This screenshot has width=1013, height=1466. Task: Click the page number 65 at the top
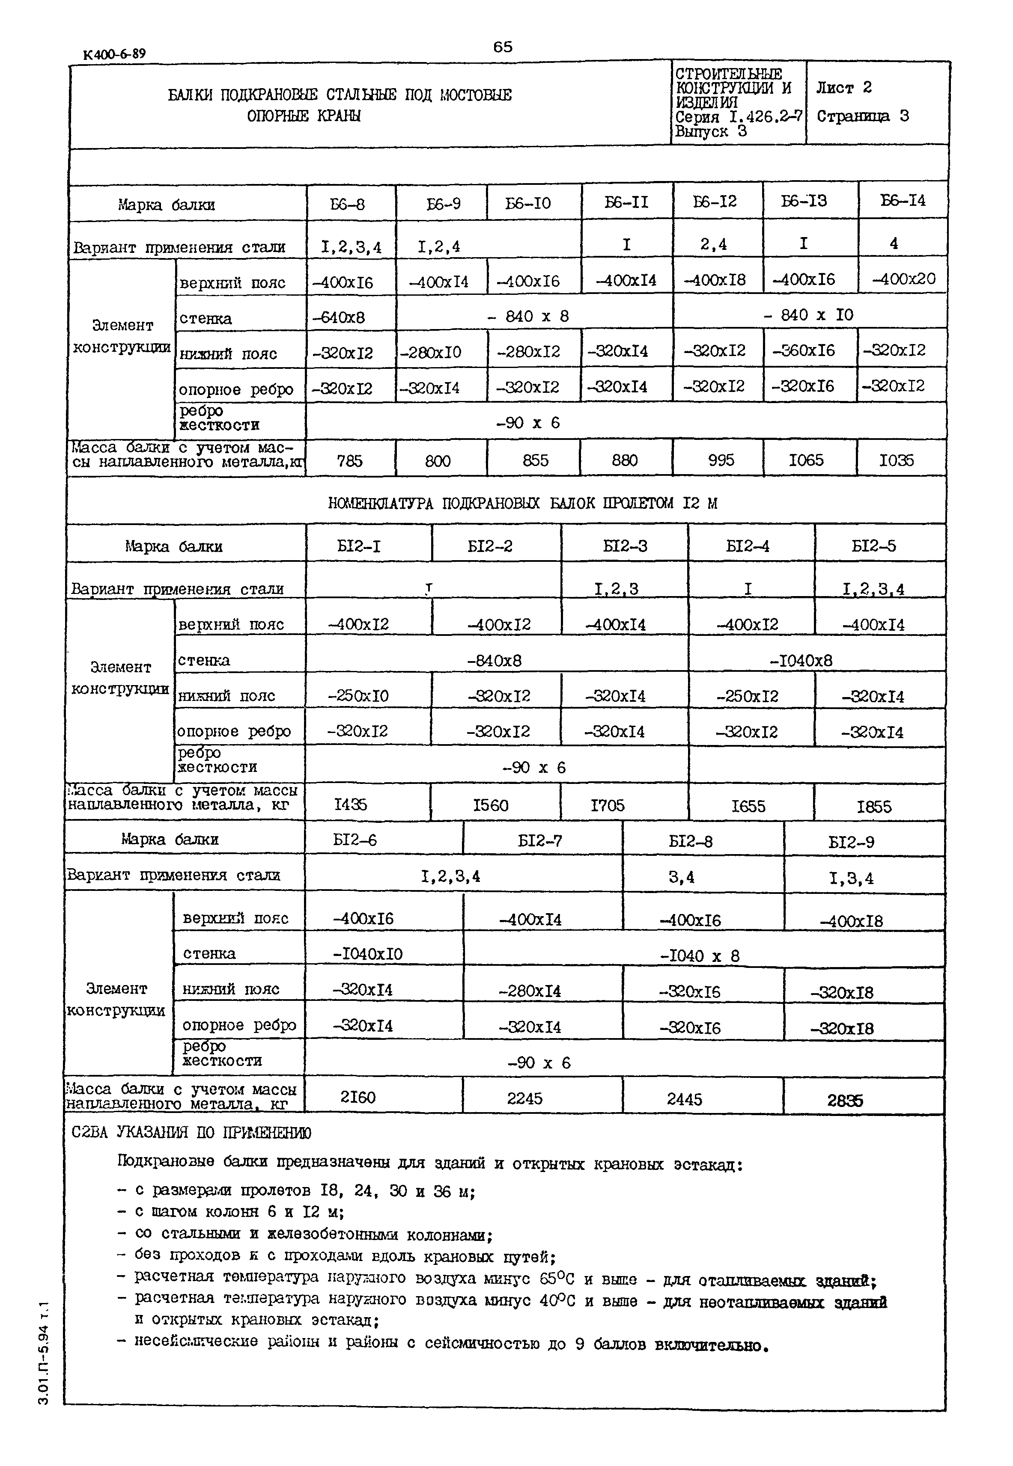click(502, 47)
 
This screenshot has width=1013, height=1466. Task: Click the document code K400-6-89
click(114, 54)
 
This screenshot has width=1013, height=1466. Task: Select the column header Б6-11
click(626, 202)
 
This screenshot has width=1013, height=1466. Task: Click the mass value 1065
click(805, 460)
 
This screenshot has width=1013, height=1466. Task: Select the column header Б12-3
click(625, 546)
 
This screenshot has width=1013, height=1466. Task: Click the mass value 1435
click(350, 805)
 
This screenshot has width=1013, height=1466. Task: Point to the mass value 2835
click(845, 1101)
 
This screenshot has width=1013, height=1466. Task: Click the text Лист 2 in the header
click(843, 88)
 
